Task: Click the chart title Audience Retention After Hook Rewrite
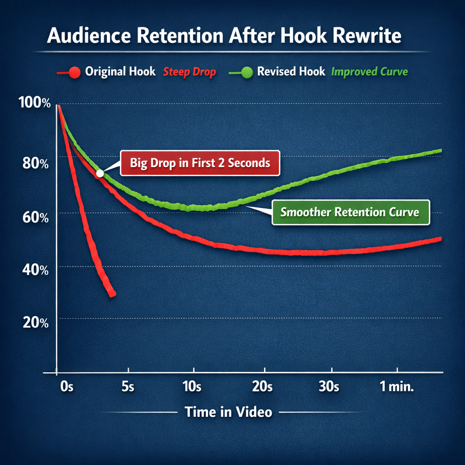pyautogui.click(x=224, y=36)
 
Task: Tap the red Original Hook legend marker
pyautogui.click(x=76, y=72)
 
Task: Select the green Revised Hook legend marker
pyautogui.click(x=247, y=72)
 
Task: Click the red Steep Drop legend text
pyautogui.click(x=189, y=72)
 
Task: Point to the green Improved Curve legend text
pyautogui.click(x=370, y=72)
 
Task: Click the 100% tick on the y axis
pyautogui.click(x=35, y=103)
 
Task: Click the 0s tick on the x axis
pyautogui.click(x=66, y=387)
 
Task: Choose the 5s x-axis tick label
pyautogui.click(x=129, y=387)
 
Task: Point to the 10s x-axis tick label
pyautogui.click(x=191, y=387)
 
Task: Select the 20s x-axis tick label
pyautogui.click(x=262, y=387)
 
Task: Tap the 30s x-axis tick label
pyautogui.click(x=329, y=387)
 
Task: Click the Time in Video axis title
pyautogui.click(x=228, y=412)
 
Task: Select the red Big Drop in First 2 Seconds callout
pyautogui.click(x=200, y=163)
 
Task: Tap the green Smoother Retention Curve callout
pyautogui.click(x=350, y=212)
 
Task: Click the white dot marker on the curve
pyautogui.click(x=100, y=173)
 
